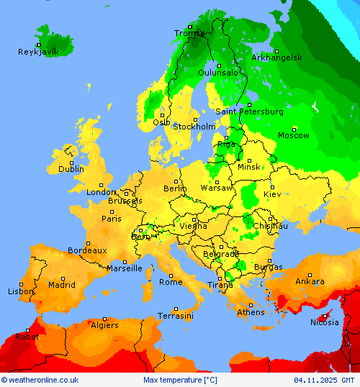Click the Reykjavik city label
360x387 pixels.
pos(38,52)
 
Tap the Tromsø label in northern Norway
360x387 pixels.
pos(189,33)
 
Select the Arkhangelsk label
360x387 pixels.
pos(276,57)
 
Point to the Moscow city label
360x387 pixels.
pos(294,135)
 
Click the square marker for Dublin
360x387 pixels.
pos(71,160)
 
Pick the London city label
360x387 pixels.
pos(101,192)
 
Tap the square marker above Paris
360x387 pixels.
pos(112,211)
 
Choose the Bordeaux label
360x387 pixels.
pos(87,250)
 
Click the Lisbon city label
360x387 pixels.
pos(21,291)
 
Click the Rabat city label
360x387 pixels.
pos(27,336)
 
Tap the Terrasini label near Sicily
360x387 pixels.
pos(176,316)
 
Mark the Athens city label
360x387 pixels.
pos(251,312)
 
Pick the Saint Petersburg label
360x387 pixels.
pos(250,111)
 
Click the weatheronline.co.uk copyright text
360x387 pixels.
pos(40,380)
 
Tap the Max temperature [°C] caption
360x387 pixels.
pos(180,380)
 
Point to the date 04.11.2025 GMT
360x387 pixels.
pos(324,380)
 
